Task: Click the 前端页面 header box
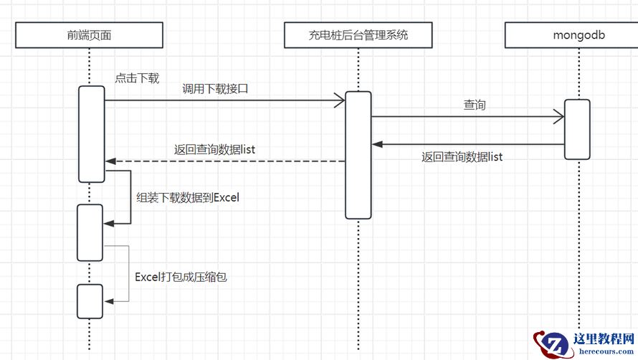point(88,34)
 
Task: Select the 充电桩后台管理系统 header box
point(358,34)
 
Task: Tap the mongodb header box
point(579,34)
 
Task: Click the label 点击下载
point(137,78)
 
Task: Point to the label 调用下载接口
point(216,89)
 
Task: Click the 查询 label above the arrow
point(475,105)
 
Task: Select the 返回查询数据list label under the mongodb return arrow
point(462,156)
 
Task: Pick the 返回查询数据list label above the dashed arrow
point(215,150)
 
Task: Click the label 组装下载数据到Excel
point(188,197)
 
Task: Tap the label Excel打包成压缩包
point(181,276)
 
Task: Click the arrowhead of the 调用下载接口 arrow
point(340,101)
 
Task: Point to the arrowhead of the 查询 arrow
point(558,116)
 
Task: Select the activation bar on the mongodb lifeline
point(577,129)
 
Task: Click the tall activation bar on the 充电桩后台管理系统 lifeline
point(358,154)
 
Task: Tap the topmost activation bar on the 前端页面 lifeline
point(91,134)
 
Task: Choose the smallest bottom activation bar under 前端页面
point(90,301)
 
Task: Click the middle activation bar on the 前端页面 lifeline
point(90,232)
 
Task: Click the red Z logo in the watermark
point(551,344)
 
